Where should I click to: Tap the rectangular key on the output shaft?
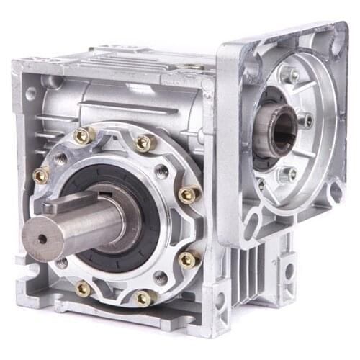68,204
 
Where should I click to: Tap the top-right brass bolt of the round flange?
143,143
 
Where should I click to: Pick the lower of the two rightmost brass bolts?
187,258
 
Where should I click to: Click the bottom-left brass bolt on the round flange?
83,288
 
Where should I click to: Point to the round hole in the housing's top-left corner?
30,94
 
